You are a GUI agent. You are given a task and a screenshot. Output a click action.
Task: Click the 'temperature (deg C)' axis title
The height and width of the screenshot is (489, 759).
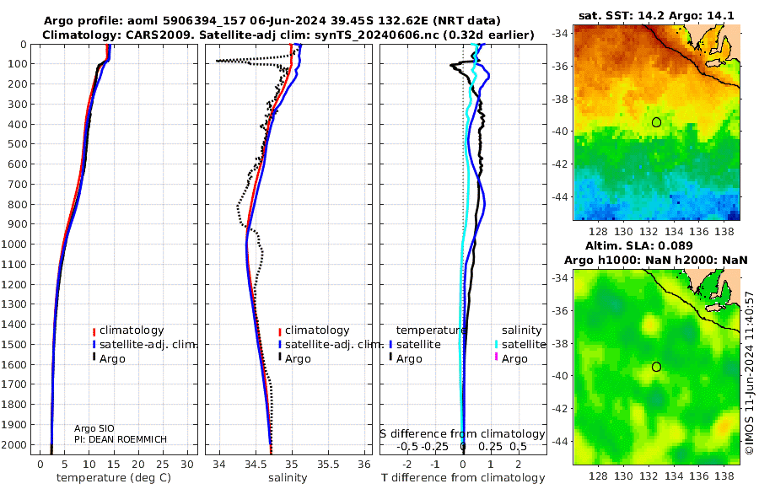point(114,478)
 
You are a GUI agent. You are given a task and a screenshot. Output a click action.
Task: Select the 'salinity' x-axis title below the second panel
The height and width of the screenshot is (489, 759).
point(288,478)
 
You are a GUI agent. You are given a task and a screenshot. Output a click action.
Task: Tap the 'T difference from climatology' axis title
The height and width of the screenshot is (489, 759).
point(463,478)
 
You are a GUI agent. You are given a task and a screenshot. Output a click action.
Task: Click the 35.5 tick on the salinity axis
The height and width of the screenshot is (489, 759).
point(328,465)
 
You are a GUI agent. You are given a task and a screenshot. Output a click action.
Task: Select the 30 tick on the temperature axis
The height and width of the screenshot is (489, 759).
point(187,465)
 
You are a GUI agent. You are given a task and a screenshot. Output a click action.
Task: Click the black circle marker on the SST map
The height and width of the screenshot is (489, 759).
point(656,122)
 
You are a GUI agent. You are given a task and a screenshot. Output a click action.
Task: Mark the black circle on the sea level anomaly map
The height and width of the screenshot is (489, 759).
point(656,367)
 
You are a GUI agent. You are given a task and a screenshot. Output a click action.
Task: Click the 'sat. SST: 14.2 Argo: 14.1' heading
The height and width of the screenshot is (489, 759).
point(656,15)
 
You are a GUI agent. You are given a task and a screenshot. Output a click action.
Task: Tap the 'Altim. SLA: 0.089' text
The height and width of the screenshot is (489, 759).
point(639,245)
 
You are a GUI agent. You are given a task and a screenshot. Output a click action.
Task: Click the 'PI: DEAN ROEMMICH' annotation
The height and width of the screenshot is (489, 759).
point(121,439)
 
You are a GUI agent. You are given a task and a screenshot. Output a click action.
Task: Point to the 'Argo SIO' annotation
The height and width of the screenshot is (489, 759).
point(94,428)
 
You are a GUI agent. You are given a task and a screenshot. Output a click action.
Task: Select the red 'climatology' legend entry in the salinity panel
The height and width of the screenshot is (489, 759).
point(315,330)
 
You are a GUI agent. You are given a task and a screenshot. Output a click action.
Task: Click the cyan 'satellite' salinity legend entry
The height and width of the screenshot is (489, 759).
point(520,345)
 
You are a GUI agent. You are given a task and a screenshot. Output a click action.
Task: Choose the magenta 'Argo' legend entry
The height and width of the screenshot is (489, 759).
point(511,359)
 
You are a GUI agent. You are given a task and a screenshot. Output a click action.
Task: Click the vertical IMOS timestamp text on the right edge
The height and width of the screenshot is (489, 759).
point(750,373)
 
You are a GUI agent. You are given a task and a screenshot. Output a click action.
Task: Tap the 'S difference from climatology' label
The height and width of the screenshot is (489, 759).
point(462,434)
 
